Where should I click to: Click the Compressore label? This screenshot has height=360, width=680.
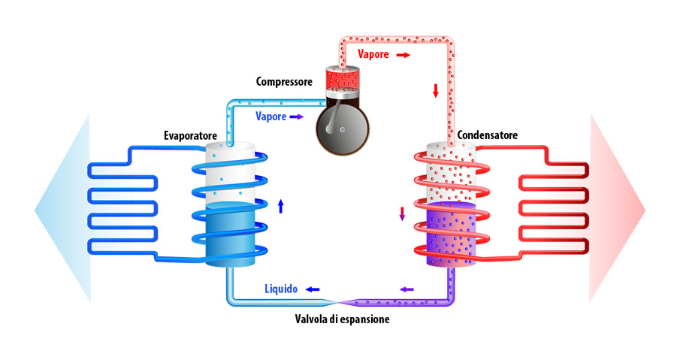point(283,81)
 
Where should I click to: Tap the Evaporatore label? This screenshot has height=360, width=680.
point(191,136)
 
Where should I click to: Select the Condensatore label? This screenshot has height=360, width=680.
point(486,136)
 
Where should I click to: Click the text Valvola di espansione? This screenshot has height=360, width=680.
point(342,319)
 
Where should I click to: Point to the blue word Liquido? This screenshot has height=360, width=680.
point(282,289)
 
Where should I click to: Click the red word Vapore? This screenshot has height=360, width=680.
point(373,55)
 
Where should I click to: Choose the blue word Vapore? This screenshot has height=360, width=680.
point(270,116)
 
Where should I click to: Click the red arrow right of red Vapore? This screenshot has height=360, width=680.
point(403,55)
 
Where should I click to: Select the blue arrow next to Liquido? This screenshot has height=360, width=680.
point(311,289)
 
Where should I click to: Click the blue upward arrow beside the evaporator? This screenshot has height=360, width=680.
point(281,206)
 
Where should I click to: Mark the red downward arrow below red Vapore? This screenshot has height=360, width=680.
point(434,92)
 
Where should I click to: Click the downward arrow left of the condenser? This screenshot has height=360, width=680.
point(402,213)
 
